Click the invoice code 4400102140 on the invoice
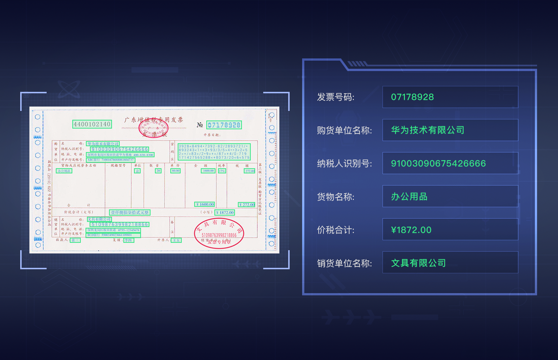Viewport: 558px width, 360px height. coord(92,124)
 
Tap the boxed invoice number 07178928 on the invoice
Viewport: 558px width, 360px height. coord(224,125)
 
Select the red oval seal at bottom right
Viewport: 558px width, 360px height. coord(219,233)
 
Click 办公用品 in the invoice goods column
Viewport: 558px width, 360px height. coord(64,171)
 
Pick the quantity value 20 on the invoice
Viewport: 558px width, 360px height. coord(158,171)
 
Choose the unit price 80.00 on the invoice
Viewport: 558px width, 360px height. coord(175,171)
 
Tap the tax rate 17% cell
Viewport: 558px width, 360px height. coord(222,171)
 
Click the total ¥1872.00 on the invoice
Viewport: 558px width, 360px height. coord(225,212)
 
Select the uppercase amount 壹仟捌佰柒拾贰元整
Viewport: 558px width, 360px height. coord(130,212)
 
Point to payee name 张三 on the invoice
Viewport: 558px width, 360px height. coord(75,240)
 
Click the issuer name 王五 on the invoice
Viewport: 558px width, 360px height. coord(176,240)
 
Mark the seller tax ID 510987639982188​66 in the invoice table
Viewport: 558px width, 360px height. coord(120,224)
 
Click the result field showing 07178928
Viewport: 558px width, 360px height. coord(450,97)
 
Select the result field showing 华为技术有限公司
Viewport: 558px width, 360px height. coord(450,130)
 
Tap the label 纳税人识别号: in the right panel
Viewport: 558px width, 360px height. coord(344,163)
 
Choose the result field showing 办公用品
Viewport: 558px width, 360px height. coord(450,197)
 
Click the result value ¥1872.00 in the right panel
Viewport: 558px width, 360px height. coord(411,230)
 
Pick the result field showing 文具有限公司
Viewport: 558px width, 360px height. coord(450,263)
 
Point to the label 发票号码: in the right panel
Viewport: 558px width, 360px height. coord(336,97)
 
